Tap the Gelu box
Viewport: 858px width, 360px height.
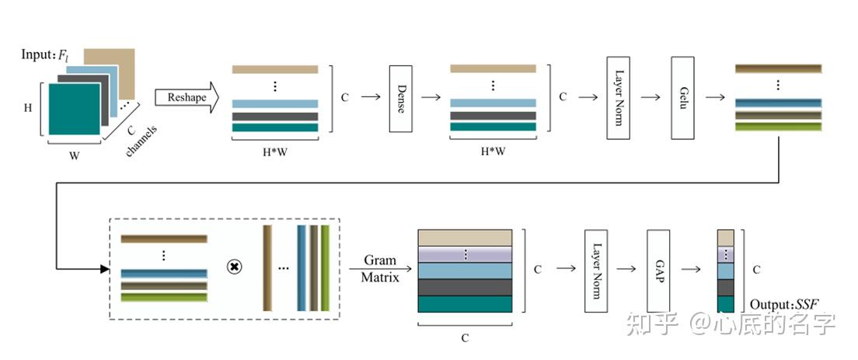(682, 98)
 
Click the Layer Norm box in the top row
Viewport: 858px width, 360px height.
(618, 98)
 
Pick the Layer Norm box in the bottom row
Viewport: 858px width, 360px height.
(595, 270)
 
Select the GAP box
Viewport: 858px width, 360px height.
(658, 270)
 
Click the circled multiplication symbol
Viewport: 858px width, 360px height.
(234, 267)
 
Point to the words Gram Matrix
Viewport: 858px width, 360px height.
(380, 268)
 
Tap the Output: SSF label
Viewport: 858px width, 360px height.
(784, 303)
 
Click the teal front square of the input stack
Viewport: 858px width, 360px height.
(74, 109)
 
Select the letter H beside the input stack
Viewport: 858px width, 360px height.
(28, 108)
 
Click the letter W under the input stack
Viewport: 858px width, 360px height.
(74, 156)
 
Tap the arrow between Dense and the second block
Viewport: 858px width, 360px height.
(432, 98)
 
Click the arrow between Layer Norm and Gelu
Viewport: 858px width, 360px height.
(650, 98)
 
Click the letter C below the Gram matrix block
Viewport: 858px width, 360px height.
(465, 337)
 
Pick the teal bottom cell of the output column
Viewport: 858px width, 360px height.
(725, 303)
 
